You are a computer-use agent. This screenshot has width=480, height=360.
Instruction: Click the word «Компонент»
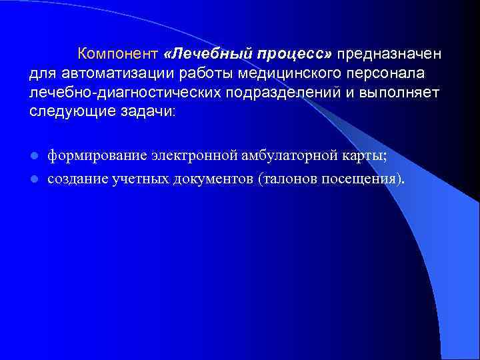[x=118, y=53]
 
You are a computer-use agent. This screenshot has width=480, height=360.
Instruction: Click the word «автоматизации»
[x=105, y=72]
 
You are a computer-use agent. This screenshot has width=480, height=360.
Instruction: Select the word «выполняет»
[x=399, y=91]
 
